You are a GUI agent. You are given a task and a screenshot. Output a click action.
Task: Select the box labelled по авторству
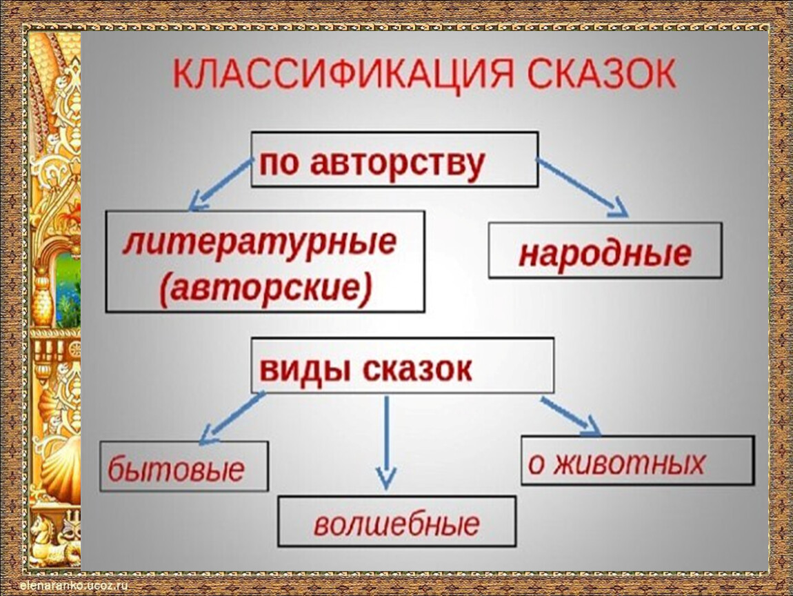[x=394, y=159]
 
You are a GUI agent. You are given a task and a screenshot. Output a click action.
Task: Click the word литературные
[x=259, y=241]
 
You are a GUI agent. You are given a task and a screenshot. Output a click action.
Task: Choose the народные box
[x=605, y=250]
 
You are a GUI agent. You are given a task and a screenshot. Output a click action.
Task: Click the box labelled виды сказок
[x=402, y=366]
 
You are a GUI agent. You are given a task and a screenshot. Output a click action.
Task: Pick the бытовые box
[x=183, y=466]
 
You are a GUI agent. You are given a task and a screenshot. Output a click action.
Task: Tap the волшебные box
[x=397, y=521]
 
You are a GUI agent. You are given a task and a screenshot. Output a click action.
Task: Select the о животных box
[x=638, y=460]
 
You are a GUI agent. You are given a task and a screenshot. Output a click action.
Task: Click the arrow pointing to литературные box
[x=221, y=184]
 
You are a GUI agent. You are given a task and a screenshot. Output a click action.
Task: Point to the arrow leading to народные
[x=582, y=188]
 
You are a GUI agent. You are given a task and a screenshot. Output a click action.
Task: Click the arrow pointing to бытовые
[x=232, y=419]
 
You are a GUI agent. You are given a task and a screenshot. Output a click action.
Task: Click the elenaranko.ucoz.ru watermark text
[x=74, y=586]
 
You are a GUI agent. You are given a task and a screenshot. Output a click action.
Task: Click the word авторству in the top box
[x=397, y=163]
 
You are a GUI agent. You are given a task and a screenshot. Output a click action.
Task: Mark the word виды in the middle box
[x=302, y=369]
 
